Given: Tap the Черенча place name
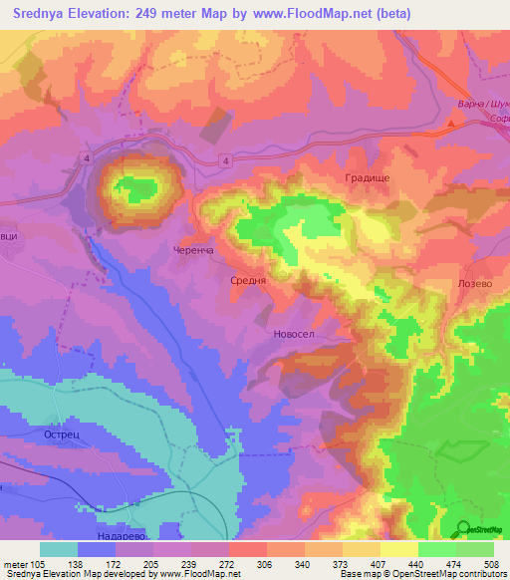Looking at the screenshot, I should [x=193, y=251].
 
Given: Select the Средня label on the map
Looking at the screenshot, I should [x=249, y=281].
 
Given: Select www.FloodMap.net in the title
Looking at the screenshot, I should [x=314, y=13].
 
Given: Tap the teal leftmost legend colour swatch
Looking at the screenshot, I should [x=59, y=549].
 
